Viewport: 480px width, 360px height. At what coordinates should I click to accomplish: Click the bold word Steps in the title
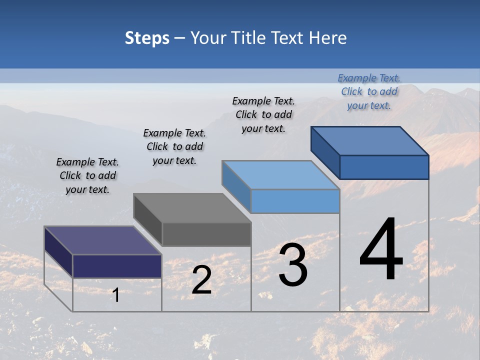pyautogui.click(x=147, y=38)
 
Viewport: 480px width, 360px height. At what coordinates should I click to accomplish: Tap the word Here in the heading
pyautogui.click(x=327, y=38)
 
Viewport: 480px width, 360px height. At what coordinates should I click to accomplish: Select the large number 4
pyautogui.click(x=381, y=250)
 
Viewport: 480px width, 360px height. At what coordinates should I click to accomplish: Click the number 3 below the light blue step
pyautogui.click(x=293, y=265)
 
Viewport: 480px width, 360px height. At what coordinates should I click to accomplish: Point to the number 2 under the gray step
pyautogui.click(x=202, y=280)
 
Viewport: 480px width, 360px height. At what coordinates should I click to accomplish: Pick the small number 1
pyautogui.click(x=115, y=295)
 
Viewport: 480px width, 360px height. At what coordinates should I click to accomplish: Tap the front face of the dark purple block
pyautogui.click(x=117, y=266)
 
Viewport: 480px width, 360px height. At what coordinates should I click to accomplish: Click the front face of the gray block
pyautogui.click(x=206, y=234)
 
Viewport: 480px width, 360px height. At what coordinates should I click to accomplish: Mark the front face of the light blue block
pyautogui.click(x=295, y=201)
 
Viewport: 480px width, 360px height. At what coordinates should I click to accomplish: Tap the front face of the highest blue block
pyautogui.click(x=384, y=167)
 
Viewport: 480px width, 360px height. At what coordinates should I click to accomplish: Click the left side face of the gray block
pyautogui.click(x=148, y=220)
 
